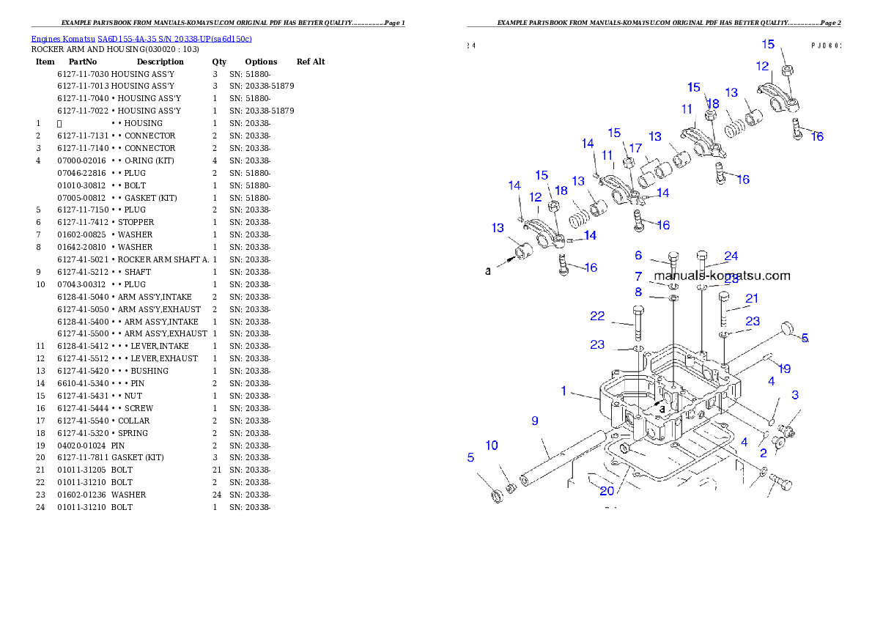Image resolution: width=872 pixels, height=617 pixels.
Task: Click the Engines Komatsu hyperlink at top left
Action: point(141,39)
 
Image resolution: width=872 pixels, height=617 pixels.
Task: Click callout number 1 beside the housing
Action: point(564,391)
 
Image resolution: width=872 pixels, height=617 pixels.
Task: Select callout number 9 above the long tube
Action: point(535,421)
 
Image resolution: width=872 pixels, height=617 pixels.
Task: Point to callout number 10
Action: point(491,446)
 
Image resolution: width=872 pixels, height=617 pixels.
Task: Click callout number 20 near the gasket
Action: point(607,491)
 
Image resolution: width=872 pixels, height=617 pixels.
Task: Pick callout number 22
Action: point(598,317)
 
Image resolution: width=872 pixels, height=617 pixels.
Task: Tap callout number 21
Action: point(752,299)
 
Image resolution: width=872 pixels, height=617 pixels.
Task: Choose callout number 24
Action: point(731,256)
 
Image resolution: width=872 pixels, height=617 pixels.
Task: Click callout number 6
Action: point(638,256)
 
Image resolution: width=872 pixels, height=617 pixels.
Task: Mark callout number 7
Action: point(638,276)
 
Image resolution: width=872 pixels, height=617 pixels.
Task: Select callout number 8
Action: point(638,292)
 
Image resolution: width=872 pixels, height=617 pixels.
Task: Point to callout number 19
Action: point(784,369)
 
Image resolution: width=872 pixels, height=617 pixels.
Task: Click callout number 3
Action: point(795,396)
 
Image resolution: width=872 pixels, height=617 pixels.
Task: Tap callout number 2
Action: point(763,454)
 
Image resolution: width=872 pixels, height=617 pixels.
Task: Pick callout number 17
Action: point(635,148)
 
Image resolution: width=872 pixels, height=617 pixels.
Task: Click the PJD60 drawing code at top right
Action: point(826,45)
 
